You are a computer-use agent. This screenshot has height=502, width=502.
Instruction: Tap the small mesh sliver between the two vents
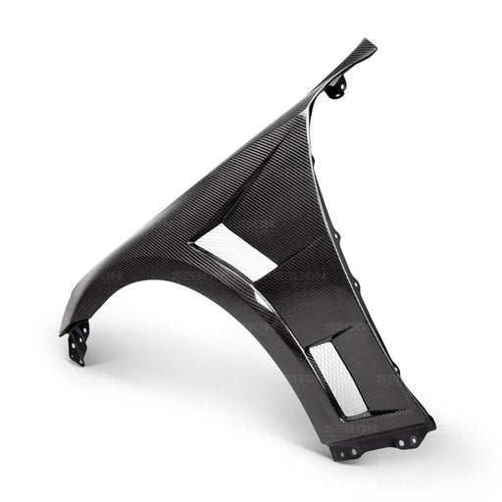(262, 298)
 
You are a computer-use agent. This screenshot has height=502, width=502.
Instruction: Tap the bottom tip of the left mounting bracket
(75, 362)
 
